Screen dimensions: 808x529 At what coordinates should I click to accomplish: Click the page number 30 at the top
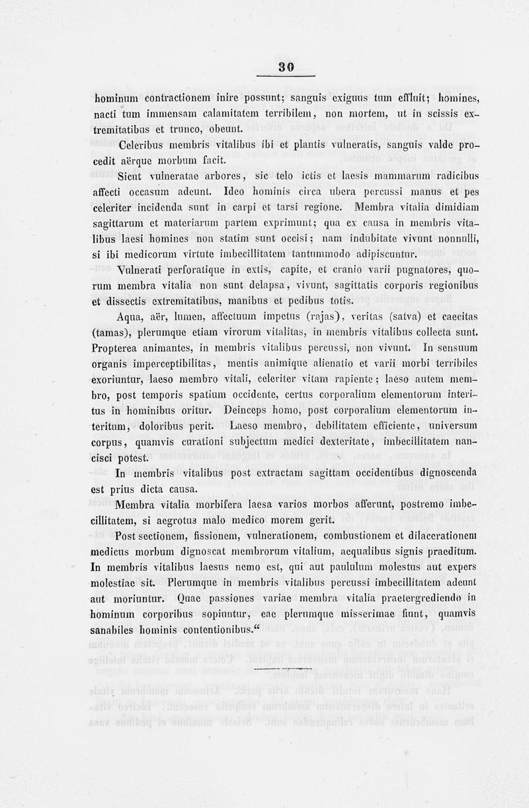[286, 66]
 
